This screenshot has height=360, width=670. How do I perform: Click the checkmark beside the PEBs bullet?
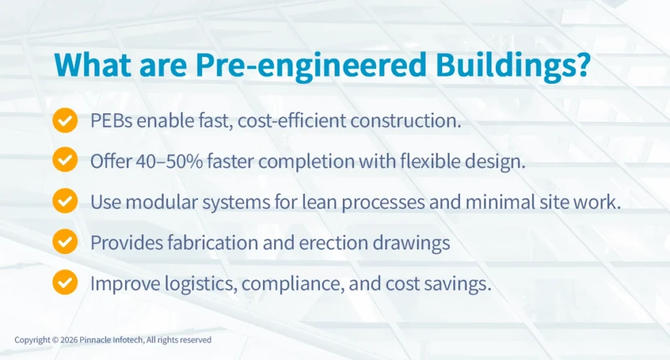point(64,121)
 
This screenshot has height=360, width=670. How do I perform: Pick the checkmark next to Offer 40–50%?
point(64,161)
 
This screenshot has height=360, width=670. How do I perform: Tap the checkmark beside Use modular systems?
point(64,202)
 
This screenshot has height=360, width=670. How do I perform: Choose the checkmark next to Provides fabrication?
point(64,242)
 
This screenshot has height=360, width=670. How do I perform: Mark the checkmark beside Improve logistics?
point(64,283)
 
